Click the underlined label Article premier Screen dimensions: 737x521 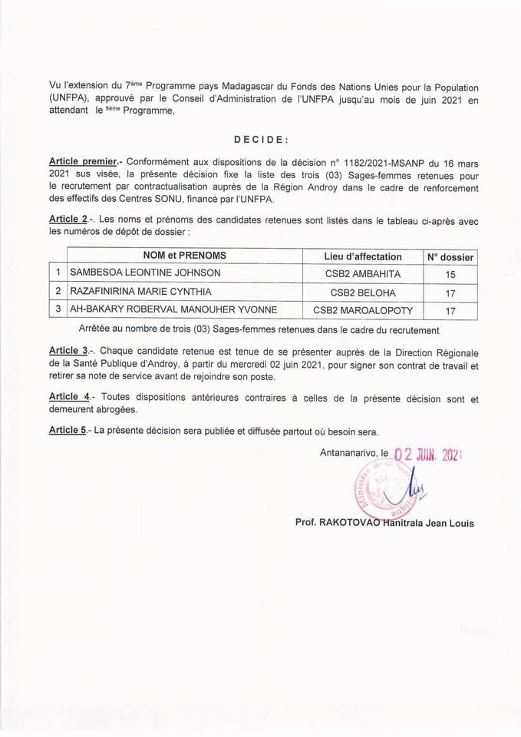click(x=83, y=162)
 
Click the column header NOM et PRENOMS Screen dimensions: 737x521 click(x=185, y=256)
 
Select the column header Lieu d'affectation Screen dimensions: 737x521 click(x=363, y=256)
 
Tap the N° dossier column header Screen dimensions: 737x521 click(x=450, y=257)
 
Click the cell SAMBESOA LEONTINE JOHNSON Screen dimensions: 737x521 click(x=145, y=273)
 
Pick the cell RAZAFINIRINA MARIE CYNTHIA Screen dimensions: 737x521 click(x=140, y=292)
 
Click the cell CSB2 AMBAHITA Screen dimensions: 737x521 click(x=363, y=273)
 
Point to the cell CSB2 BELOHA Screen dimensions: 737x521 click(x=363, y=292)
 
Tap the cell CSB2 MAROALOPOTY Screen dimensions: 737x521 click(x=363, y=310)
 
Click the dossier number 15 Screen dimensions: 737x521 click(x=450, y=274)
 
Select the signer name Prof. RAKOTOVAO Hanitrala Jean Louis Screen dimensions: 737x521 click(x=384, y=523)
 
